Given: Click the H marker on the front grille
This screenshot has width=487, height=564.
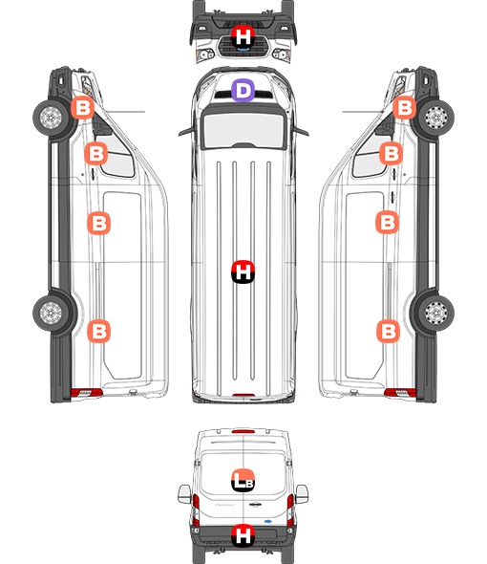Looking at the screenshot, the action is pos(243,36).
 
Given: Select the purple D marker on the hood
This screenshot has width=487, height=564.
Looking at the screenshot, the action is pos(243,90).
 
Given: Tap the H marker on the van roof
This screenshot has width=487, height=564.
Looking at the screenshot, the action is pos(243,271).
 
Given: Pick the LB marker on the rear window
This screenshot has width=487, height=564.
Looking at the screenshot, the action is pos(243,481).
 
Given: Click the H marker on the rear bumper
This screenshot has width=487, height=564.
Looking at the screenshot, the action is pos(243,535).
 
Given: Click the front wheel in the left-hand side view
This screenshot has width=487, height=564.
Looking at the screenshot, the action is pos(51,118).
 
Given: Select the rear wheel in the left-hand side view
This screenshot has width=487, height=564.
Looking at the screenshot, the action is pos(51,313).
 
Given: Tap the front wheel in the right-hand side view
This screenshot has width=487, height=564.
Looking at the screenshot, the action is pos(436,118).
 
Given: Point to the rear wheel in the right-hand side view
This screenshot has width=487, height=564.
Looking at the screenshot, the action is pos(436,313).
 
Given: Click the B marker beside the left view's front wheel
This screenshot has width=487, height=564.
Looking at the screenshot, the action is pos(82,108).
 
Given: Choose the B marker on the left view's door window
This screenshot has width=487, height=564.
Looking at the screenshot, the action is pos(95,154).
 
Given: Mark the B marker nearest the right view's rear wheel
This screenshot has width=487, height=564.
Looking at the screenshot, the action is pos(388,331).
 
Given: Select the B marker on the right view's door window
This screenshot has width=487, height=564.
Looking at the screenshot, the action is pos(392,154).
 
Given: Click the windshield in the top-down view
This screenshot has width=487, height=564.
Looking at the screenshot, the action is pos(243,130).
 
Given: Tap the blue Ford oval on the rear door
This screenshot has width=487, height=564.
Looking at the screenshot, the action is pos(268,521).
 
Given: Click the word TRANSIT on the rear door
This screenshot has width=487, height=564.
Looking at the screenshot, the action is pos(224,505).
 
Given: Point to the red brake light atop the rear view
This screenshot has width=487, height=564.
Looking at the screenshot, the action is pos(243,431).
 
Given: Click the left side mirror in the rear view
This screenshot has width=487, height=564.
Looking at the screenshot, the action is pos(184,494).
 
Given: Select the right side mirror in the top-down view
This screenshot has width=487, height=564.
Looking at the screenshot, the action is pos(301,131).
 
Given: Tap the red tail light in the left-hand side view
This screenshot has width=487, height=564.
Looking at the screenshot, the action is pos(86,393).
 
